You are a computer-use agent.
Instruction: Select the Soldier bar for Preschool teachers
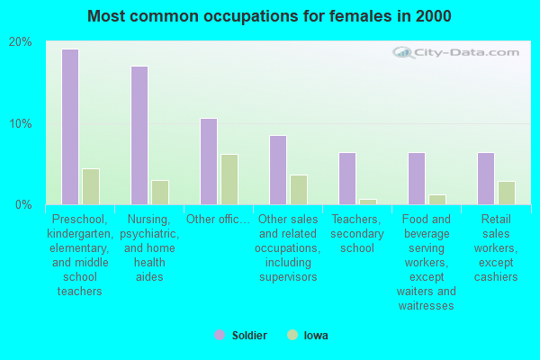click(70, 127)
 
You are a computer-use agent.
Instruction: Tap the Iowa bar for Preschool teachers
click(91, 186)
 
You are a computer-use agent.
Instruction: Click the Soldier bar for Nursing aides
click(139, 135)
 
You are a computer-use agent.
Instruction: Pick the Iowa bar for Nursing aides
click(160, 193)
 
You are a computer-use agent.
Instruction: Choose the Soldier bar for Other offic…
click(209, 161)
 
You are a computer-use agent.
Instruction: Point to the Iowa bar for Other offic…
click(229, 179)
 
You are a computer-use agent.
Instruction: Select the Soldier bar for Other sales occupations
click(278, 170)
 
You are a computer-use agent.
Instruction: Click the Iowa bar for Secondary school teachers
click(368, 202)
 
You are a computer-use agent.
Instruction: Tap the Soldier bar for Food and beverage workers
click(417, 178)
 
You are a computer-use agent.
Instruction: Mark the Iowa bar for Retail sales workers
click(507, 193)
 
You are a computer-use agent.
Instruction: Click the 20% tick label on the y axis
click(21, 42)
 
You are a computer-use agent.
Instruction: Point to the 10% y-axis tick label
click(21, 123)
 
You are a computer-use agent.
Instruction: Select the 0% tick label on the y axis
click(24, 205)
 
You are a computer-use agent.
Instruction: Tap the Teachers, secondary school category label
click(358, 233)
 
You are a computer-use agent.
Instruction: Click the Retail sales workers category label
click(497, 247)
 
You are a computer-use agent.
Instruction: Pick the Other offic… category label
click(218, 219)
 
